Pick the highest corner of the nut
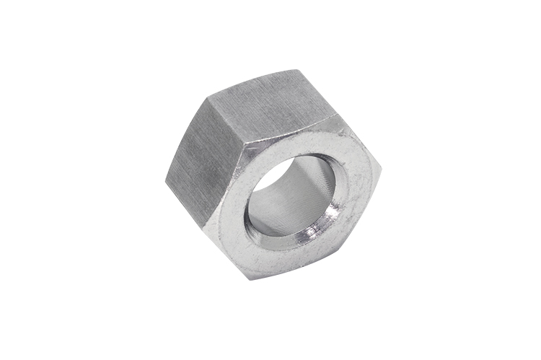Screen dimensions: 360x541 point(296,69)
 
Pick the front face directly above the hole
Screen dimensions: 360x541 point(303,144)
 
